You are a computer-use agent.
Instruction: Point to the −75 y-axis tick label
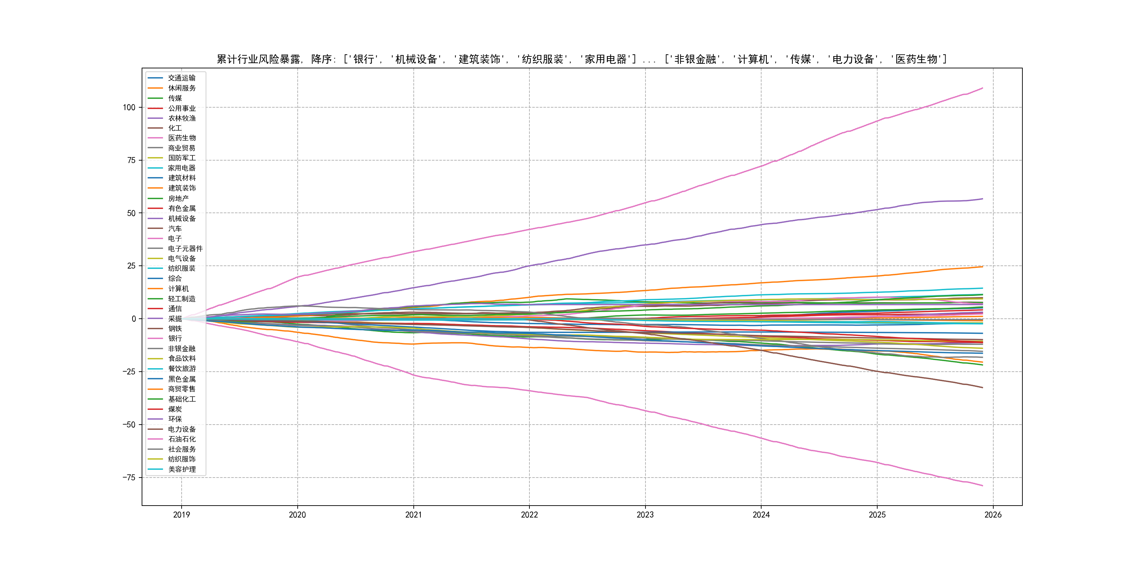click(129, 478)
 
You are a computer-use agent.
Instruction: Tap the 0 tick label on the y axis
click(134, 319)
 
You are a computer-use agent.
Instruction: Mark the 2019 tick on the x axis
click(181, 515)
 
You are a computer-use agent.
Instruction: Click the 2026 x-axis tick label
click(993, 515)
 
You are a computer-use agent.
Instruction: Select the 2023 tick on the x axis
click(645, 515)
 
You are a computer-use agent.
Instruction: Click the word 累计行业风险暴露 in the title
click(258, 59)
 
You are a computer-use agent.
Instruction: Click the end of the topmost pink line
click(982, 88)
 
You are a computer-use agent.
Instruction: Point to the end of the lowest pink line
click(982, 486)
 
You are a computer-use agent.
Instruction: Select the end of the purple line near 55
click(982, 199)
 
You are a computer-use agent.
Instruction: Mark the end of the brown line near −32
click(982, 388)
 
